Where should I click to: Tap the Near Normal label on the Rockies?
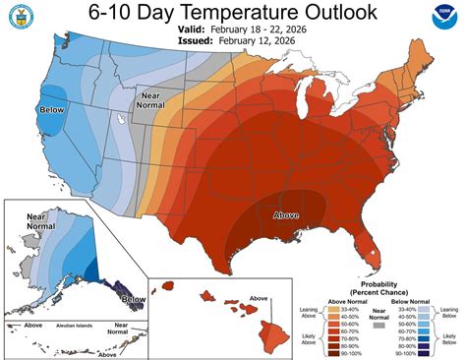tap(146, 98)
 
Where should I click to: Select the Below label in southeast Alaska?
tap(132, 296)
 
